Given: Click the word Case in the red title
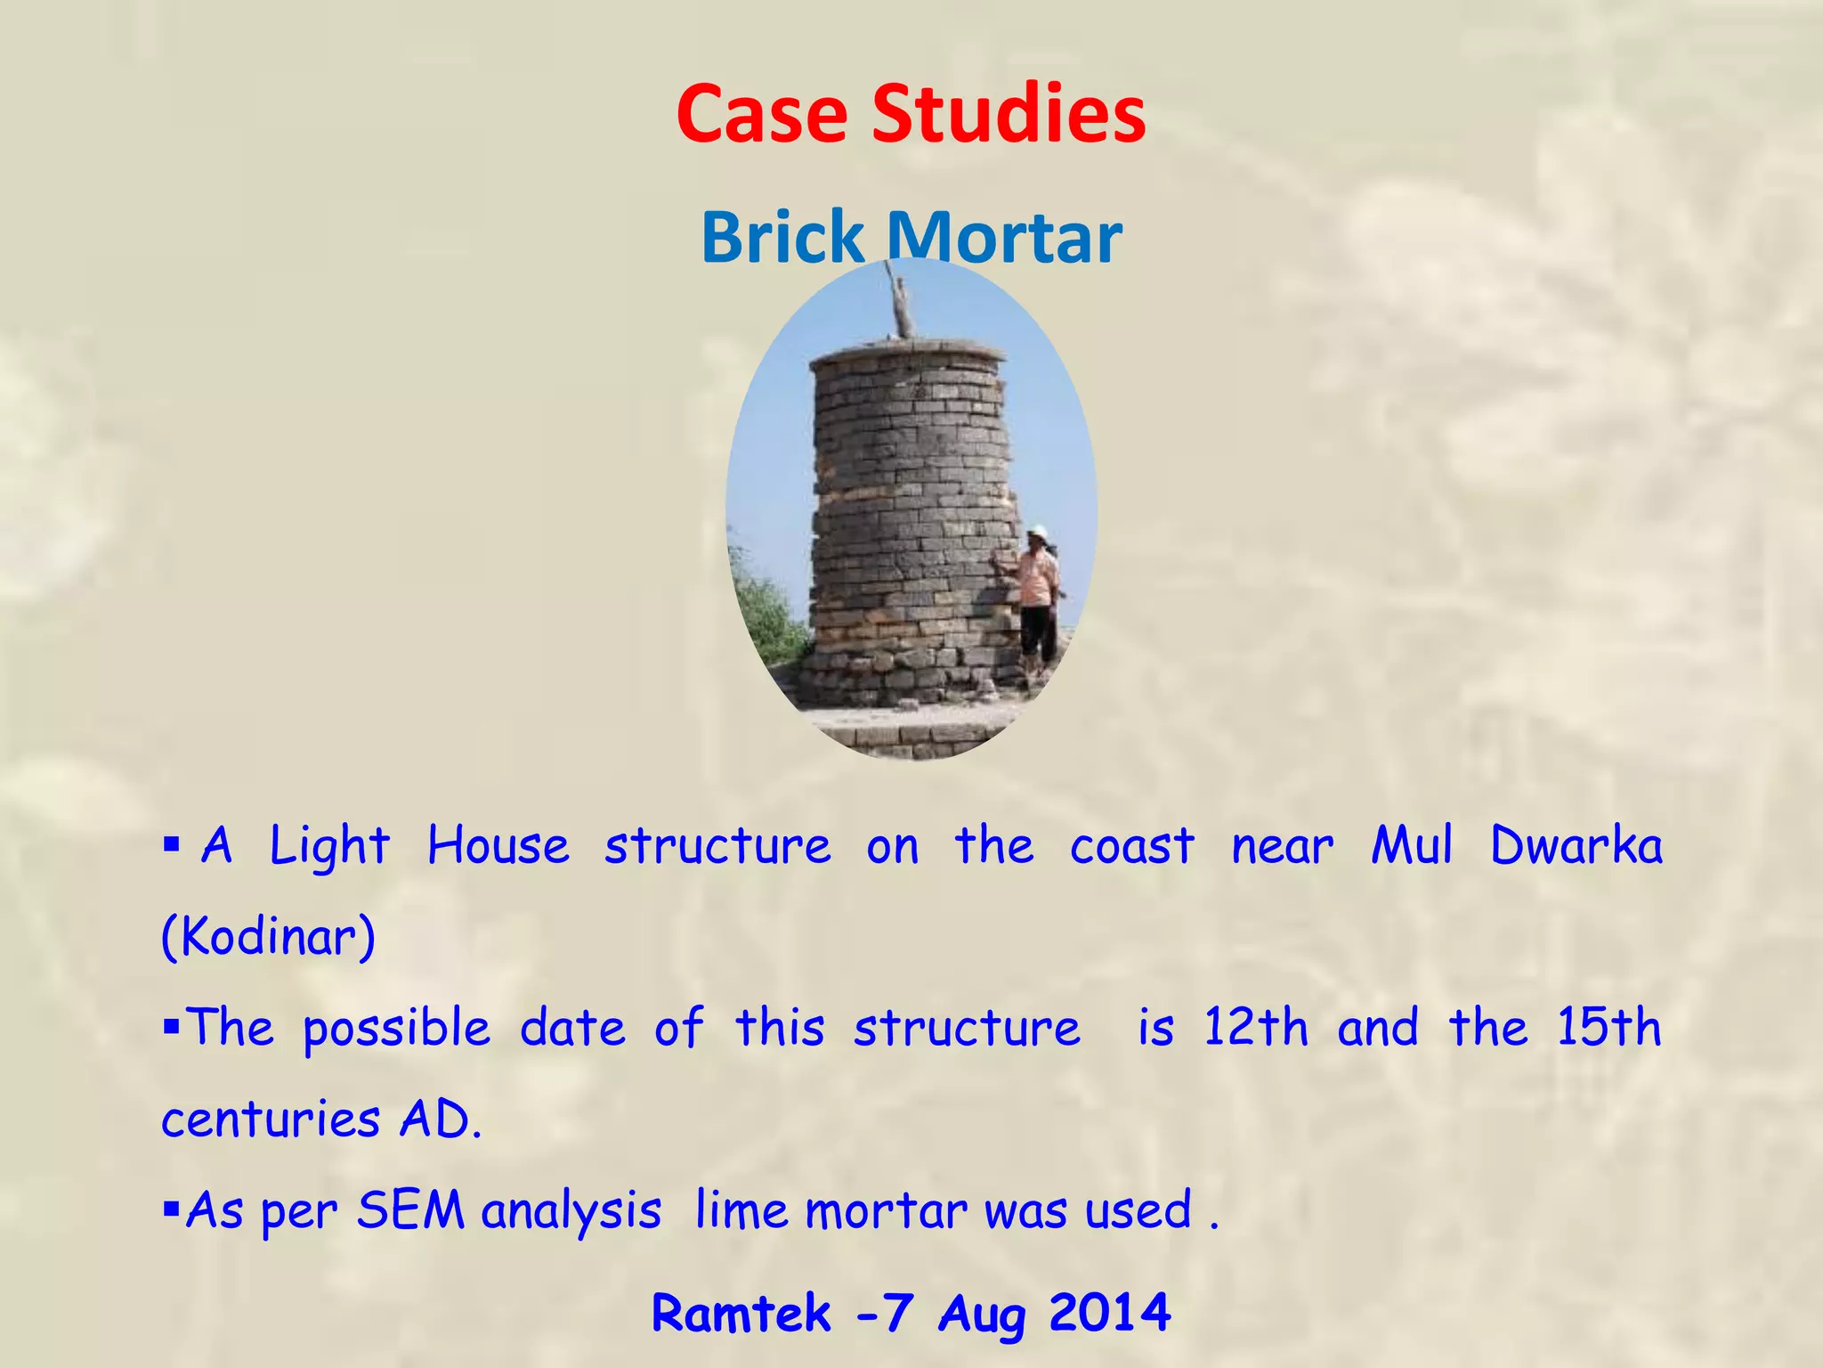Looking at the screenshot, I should pos(761,114).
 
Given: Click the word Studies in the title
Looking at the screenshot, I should pos(1009,114).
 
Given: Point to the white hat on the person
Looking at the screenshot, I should pos(1037,532).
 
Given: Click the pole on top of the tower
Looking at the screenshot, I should pos(902,299).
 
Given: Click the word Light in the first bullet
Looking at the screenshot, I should pos(329,846).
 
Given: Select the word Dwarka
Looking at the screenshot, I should pos(1576,846).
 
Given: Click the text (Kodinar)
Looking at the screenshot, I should pos(268,937).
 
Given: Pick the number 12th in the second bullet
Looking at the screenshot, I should pos(1255,1028).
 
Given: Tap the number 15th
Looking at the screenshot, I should pos(1608,1028).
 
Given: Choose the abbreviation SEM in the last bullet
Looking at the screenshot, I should pos(410,1210).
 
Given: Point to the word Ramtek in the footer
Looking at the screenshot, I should pos(741,1313).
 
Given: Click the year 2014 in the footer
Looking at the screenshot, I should pos(1109,1313).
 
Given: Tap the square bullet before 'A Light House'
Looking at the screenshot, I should pos(172,843).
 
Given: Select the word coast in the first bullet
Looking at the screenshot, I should pos(1131,846).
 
